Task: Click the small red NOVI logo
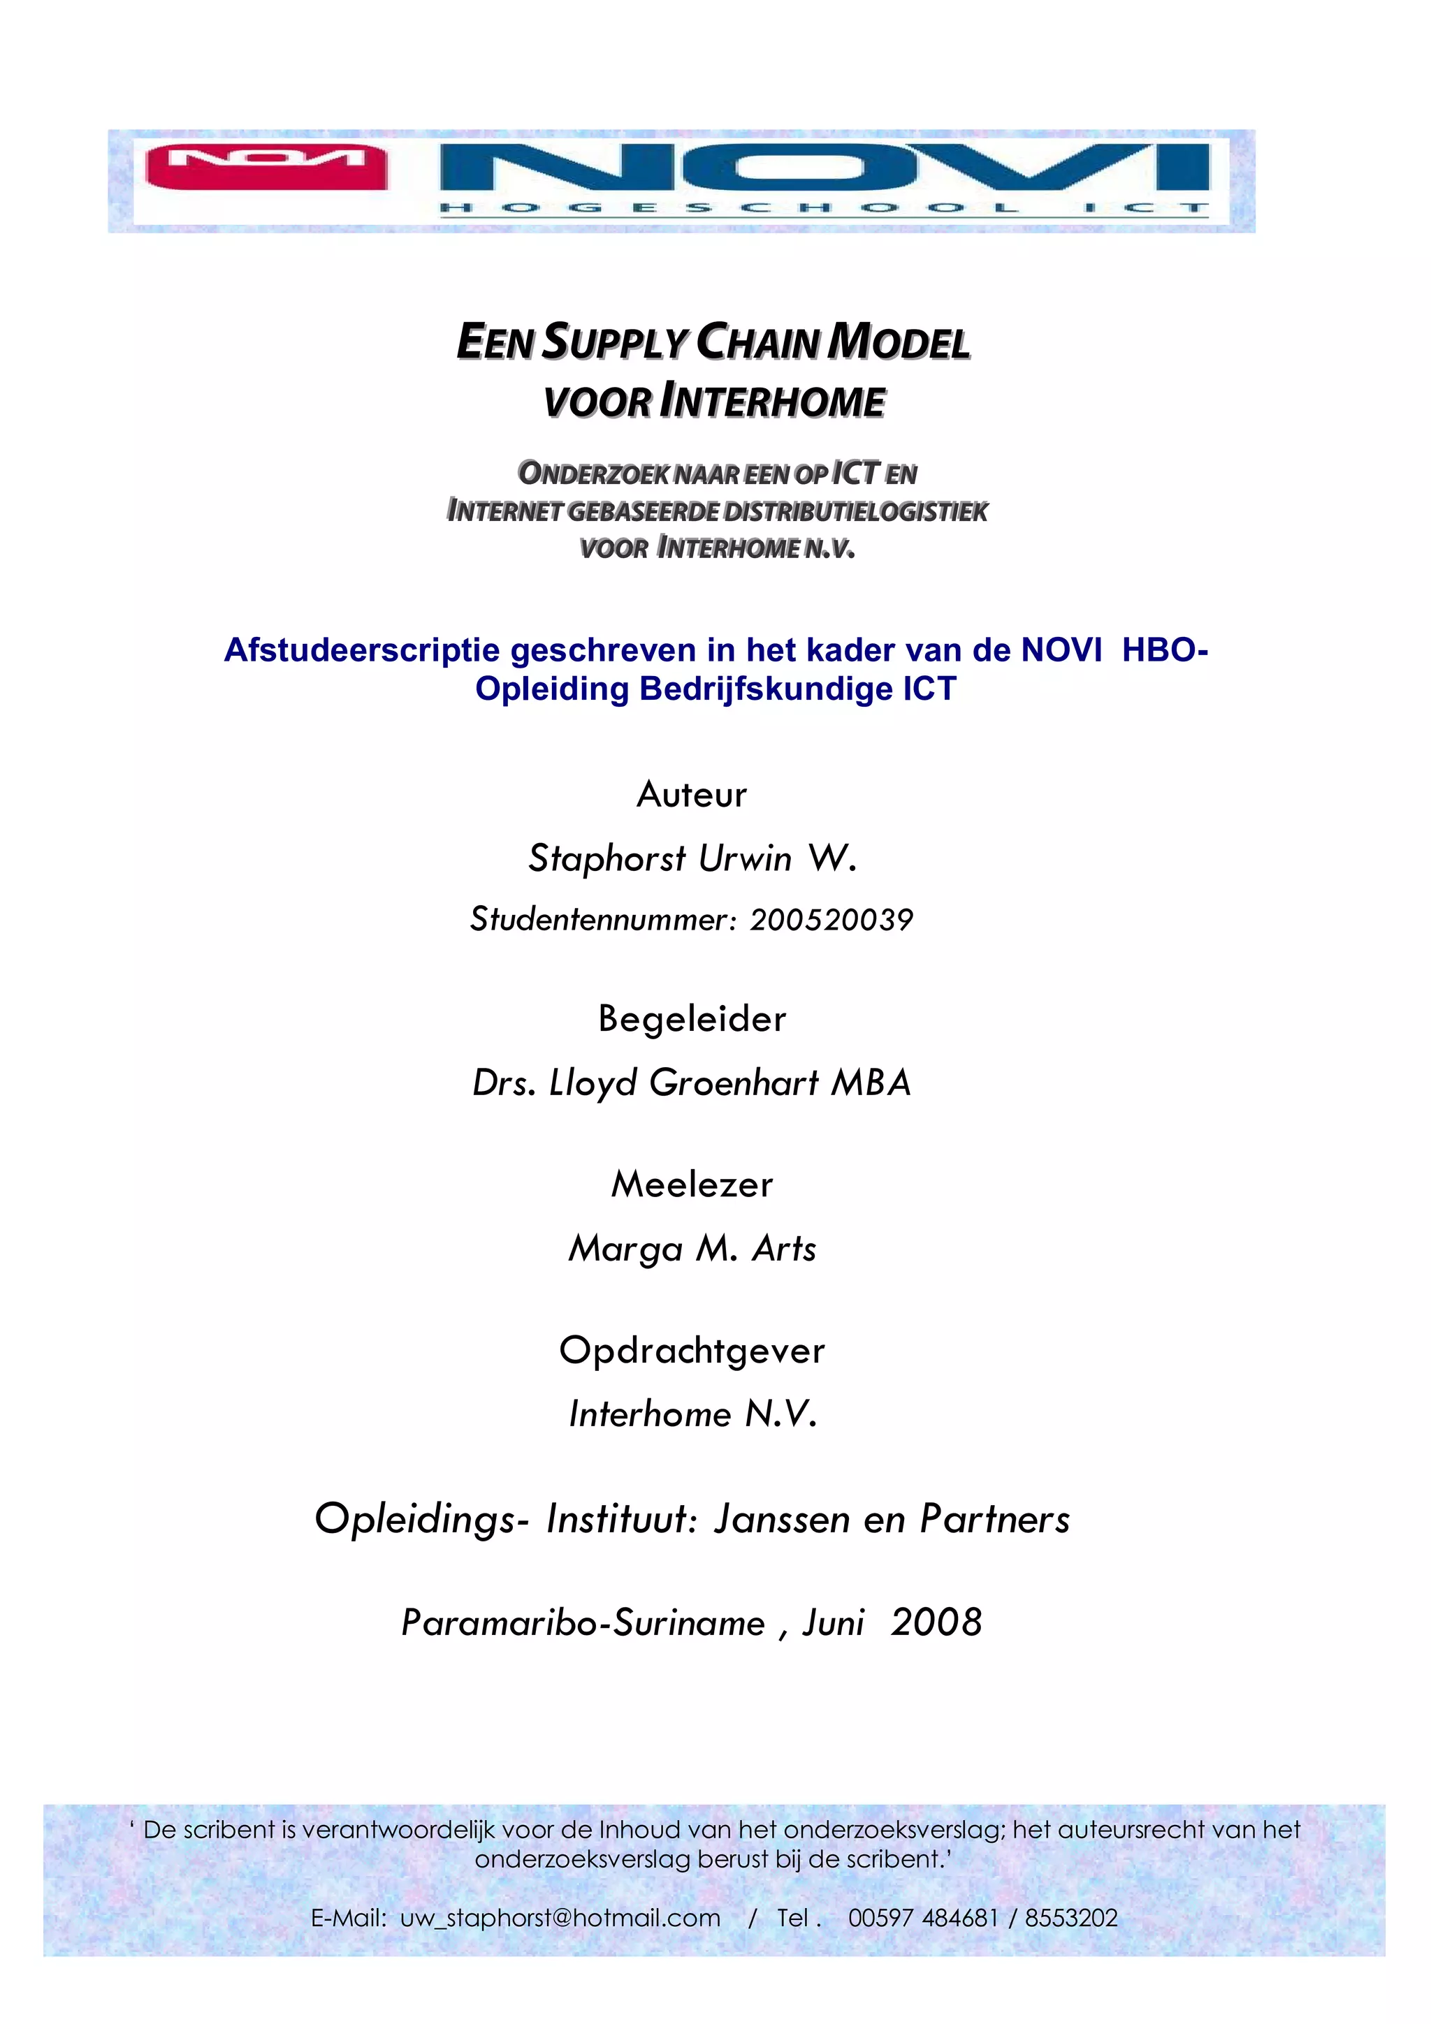tap(266, 167)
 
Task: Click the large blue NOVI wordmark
tap(824, 168)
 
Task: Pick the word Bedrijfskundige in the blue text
tap(765, 689)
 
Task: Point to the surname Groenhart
tap(734, 1083)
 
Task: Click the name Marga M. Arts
tap(692, 1248)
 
